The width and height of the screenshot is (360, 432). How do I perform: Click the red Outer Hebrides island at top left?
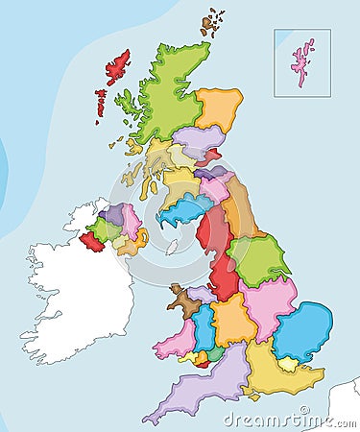(x=117, y=67)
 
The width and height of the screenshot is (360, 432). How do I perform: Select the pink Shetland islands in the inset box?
(x=304, y=60)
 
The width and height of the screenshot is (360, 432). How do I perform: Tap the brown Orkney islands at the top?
(x=211, y=23)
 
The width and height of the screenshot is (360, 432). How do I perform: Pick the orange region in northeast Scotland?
(x=220, y=108)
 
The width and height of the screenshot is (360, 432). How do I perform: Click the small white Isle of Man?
(x=172, y=248)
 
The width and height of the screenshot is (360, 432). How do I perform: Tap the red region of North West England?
(x=216, y=230)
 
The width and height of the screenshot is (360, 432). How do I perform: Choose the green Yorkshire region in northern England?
(x=259, y=259)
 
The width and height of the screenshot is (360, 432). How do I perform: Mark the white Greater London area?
(x=286, y=364)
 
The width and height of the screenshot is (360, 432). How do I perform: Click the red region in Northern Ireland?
(x=92, y=242)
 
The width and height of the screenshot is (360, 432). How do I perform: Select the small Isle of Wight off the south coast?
(x=252, y=394)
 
